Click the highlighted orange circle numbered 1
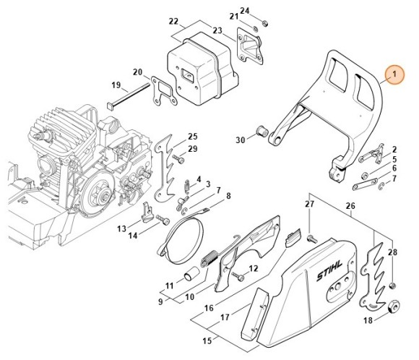(394, 74)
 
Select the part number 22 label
(173, 21)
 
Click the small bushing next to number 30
(261, 131)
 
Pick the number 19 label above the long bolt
(116, 85)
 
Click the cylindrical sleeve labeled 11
(191, 275)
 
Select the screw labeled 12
(238, 276)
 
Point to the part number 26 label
(350, 206)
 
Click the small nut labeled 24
(265, 24)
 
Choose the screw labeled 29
(178, 158)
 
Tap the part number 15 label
(207, 340)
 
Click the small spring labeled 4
(187, 185)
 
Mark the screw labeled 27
(312, 239)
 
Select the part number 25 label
(192, 137)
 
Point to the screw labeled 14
(163, 220)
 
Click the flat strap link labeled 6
(365, 184)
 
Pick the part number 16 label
(209, 308)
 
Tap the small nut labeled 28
(392, 286)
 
